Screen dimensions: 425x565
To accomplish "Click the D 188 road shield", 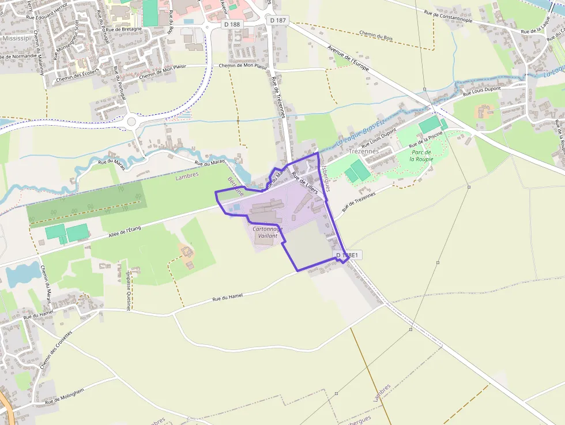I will pyautogui.click(x=232, y=24).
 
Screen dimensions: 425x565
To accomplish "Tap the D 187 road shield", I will pyautogui.click(x=278, y=20).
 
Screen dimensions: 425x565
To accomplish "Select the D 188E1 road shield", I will pyautogui.click(x=347, y=255).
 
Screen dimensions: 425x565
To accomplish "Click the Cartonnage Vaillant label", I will pyautogui.click(x=268, y=232).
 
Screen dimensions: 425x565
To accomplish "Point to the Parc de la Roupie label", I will pyautogui.click(x=421, y=155).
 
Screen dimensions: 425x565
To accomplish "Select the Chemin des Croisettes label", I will pyautogui.click(x=56, y=350).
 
